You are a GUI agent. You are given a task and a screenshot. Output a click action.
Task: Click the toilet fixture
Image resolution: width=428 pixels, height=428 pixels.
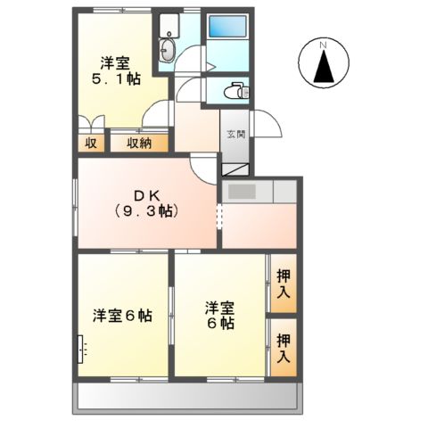pyautogui.click(x=234, y=90)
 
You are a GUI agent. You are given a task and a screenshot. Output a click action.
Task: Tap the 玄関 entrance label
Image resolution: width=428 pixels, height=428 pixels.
pyautogui.click(x=235, y=134)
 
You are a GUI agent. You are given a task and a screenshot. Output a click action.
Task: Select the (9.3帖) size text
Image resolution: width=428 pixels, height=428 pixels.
pyautogui.click(x=145, y=211)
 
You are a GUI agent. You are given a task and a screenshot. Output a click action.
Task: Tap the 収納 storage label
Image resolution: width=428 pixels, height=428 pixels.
pyautogui.click(x=139, y=142)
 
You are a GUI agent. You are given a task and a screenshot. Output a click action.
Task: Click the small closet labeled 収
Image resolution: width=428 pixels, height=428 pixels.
pyautogui.click(x=90, y=142)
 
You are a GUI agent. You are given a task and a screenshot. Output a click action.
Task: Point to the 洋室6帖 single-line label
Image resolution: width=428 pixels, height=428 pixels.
pyautogui.click(x=123, y=316)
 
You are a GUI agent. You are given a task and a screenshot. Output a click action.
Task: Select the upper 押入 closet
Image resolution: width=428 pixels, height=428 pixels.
pyautogui.click(x=283, y=283)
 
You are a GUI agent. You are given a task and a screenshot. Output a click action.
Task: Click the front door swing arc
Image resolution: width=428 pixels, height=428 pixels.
pyautogui.click(x=264, y=125)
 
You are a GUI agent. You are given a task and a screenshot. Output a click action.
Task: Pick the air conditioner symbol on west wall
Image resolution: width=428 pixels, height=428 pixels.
pyautogui.click(x=82, y=347)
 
